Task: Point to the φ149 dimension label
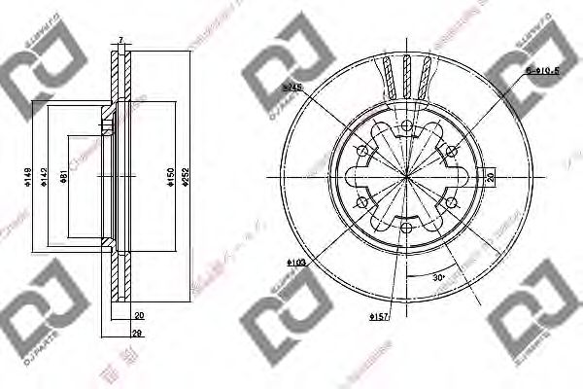[27, 177]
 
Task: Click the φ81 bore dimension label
[64, 177]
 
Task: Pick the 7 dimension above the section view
[120, 40]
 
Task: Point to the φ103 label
[297, 263]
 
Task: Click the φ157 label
[379, 317]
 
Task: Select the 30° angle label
[439, 276]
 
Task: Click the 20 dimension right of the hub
[491, 178]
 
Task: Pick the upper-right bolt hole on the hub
[453, 150]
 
